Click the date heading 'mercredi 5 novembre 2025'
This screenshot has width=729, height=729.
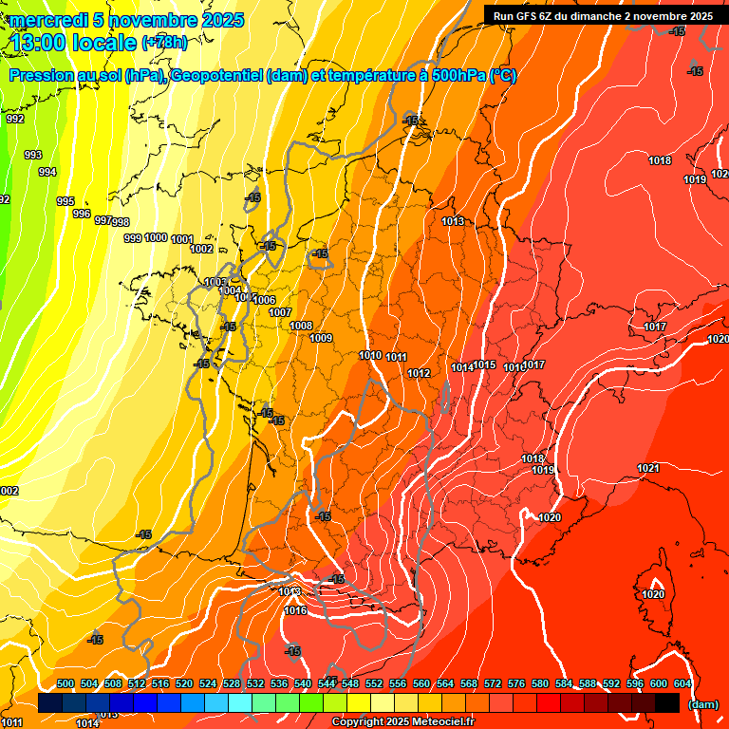click(127, 20)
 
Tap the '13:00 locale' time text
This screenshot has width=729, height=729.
click(74, 42)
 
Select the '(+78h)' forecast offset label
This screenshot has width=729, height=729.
click(164, 43)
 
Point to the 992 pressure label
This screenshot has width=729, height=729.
click(15, 119)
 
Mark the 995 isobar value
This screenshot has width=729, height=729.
click(65, 201)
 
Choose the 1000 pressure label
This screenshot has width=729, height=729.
click(156, 237)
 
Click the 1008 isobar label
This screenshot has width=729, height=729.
click(301, 326)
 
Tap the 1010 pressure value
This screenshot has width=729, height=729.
click(370, 355)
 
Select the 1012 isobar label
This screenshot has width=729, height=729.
click(419, 373)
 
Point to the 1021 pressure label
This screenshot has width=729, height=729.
click(648, 468)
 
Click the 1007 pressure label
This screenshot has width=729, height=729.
click(280, 312)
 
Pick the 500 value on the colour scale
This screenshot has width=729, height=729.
click(65, 683)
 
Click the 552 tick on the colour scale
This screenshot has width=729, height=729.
click(374, 683)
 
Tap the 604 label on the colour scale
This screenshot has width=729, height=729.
click(682, 683)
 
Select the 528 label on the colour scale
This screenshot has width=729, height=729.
click(232, 683)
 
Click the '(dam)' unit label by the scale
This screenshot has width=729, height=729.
click(702, 704)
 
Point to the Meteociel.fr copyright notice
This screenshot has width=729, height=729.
click(402, 722)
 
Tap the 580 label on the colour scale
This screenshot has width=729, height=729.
click(540, 683)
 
